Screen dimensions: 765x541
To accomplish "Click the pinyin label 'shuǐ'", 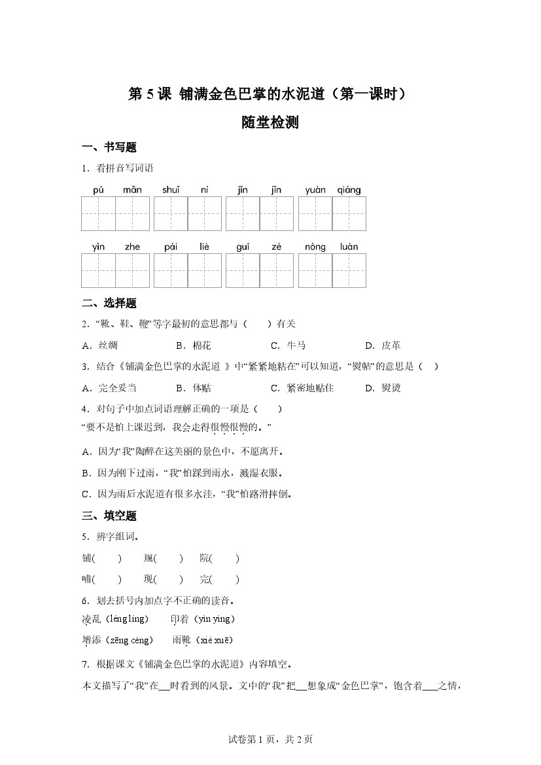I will click(x=171, y=190).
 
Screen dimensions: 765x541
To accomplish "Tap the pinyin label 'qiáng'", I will click(x=349, y=190).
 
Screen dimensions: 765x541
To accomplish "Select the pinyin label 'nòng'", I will click(x=315, y=247).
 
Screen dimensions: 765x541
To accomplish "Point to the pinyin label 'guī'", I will click(x=243, y=247).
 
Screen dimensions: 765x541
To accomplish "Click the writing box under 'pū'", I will click(x=98, y=213).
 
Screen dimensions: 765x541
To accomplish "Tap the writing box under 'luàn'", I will click(x=349, y=270).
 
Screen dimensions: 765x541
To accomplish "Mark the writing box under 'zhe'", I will click(x=133, y=270).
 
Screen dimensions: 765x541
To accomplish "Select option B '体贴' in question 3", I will click(x=194, y=387).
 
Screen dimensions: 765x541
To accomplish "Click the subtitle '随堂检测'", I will click(x=270, y=122).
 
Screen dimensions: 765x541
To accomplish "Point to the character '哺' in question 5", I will click(x=86, y=579).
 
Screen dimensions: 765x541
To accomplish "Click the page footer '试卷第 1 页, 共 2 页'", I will click(x=270, y=739).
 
